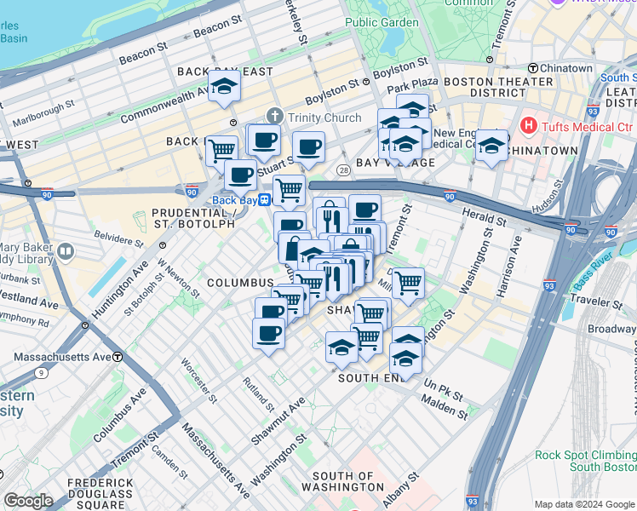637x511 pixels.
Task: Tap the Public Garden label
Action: (x=382, y=22)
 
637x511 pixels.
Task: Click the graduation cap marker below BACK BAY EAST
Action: (x=224, y=87)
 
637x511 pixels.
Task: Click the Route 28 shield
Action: (x=342, y=170)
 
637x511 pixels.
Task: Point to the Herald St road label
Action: (x=485, y=219)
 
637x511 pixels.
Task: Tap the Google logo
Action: (x=28, y=501)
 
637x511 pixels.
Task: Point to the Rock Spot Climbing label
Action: (x=584, y=455)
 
